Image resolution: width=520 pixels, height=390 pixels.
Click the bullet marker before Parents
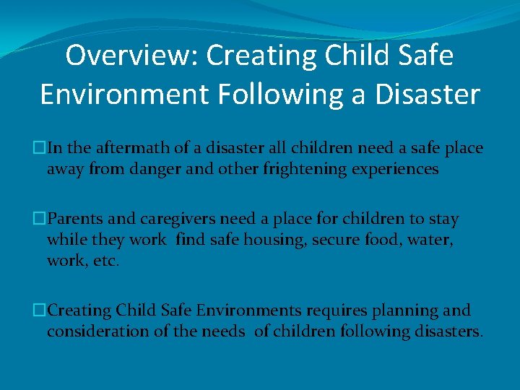point(40,219)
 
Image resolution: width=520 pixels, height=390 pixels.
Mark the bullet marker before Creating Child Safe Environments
point(40,311)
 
